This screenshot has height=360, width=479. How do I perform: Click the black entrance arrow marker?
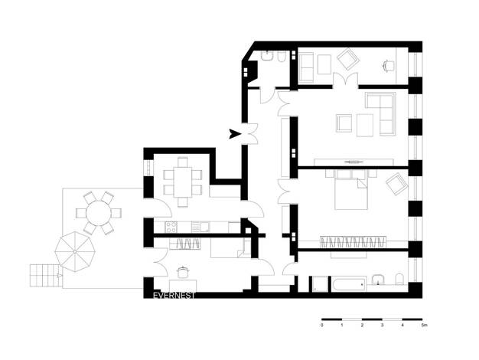pos(235,134)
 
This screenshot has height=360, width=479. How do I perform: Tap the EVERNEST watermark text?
pos(174,296)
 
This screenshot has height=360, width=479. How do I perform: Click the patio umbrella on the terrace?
pos(75,252)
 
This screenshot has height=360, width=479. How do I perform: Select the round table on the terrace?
pos(99,213)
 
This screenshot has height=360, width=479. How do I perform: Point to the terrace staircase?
pos(46,276)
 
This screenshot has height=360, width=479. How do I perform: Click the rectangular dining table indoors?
pos(183,182)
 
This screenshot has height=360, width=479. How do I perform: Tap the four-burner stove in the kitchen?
pos(171,227)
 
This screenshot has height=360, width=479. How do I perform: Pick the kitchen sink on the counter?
pos(200,227)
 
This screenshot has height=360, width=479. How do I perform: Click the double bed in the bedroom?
pos(351,189)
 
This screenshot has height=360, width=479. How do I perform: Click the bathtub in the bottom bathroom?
pos(349,284)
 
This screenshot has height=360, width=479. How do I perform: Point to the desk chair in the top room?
pos(388,65)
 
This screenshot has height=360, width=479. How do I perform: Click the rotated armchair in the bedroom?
pos(397,184)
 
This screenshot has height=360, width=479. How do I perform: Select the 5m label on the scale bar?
pos(424,325)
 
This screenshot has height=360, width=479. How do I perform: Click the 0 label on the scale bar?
pos(322,325)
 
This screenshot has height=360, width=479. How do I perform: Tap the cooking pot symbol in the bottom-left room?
pos(182,272)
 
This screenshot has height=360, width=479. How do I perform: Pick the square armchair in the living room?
pos(344,123)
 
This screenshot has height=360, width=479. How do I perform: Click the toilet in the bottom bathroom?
pos(400,279)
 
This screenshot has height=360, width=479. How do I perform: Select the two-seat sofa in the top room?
pos(306,67)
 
